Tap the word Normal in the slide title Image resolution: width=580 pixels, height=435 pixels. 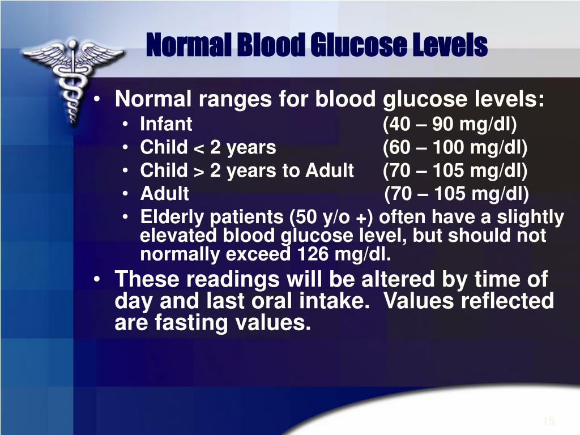pyautogui.click(x=188, y=45)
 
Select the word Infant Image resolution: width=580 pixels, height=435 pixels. pyautogui.click(x=166, y=124)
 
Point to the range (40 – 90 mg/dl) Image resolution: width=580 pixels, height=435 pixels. pyautogui.click(x=450, y=124)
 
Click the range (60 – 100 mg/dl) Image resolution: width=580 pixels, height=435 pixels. pyautogui.click(x=455, y=148)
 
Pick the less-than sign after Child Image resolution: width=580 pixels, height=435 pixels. pyautogui.click(x=199, y=149)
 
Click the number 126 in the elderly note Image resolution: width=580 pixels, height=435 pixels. pyautogui.click(x=312, y=254)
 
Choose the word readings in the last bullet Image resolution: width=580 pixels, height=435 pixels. pyautogui.click(x=233, y=280)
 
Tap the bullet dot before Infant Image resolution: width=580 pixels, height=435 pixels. pyautogui.click(x=126, y=124)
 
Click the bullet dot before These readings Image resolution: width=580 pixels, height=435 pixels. pyautogui.click(x=96, y=279)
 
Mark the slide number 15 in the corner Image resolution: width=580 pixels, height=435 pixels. pyautogui.click(x=549, y=421)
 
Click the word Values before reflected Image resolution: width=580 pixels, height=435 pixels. pyautogui.click(x=419, y=300)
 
